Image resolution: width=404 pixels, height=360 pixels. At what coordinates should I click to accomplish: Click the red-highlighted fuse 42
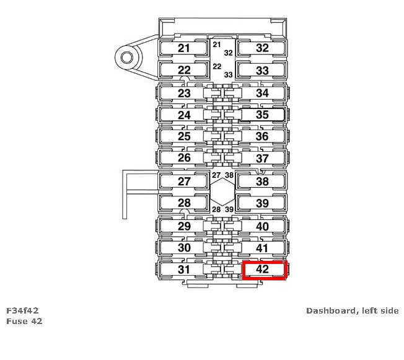point(263,270)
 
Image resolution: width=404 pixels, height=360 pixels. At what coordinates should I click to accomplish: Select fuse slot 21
point(184,48)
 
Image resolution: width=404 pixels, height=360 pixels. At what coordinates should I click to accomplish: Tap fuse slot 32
point(262,48)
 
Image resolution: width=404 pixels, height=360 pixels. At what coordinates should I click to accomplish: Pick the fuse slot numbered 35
point(262,115)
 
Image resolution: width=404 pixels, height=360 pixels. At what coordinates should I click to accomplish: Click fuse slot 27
point(184,182)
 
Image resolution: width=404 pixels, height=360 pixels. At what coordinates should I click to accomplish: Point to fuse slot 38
point(262,182)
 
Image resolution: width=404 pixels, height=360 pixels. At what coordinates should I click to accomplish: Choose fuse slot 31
point(184,270)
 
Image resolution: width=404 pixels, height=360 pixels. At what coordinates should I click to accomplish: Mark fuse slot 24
point(184,115)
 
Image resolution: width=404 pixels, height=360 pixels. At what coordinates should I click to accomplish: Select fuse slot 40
point(262,226)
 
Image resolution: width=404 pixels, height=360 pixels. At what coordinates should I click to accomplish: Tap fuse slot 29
point(184,226)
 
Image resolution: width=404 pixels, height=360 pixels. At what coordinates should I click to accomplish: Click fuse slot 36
point(262,136)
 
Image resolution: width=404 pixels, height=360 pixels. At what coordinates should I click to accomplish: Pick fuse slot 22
point(184,70)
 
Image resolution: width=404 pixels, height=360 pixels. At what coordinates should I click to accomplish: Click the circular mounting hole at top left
point(127,58)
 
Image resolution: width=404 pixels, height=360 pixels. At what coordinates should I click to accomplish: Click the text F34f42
point(23,310)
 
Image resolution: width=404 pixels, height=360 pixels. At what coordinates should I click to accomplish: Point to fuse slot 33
point(262,70)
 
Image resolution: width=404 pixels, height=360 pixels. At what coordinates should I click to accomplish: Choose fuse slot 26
point(184,158)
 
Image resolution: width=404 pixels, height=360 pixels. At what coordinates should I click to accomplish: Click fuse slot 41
point(262,248)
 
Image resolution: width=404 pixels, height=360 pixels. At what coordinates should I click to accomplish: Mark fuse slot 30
point(184,248)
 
